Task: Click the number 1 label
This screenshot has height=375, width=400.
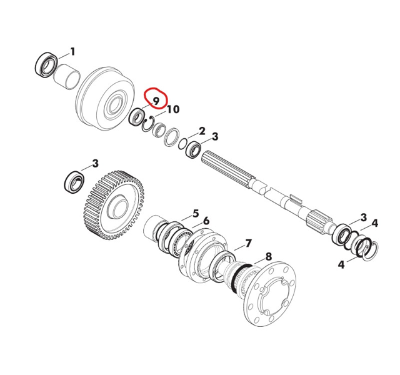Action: coord(72,52)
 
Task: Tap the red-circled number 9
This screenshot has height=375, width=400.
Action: coord(156,101)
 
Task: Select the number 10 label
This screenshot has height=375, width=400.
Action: coord(173,109)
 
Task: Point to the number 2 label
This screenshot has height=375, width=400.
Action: coord(202,132)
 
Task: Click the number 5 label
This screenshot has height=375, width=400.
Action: coord(196,214)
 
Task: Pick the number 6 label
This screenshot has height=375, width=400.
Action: coord(206,221)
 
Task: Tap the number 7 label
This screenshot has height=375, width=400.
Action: coord(248,244)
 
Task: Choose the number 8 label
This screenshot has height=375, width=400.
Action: coord(269,257)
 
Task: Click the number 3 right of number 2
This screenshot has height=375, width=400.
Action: coord(215,137)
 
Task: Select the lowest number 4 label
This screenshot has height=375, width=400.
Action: coord(341,265)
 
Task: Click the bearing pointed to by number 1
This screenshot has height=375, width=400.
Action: coord(46,65)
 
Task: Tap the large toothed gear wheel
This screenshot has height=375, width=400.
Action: coord(114,206)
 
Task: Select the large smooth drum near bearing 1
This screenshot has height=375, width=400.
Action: coord(104,99)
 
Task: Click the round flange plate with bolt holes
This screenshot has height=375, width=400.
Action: coord(269,294)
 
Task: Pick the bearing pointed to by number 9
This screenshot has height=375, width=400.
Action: coord(136,117)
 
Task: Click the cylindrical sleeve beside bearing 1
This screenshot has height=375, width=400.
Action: coord(67,77)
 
